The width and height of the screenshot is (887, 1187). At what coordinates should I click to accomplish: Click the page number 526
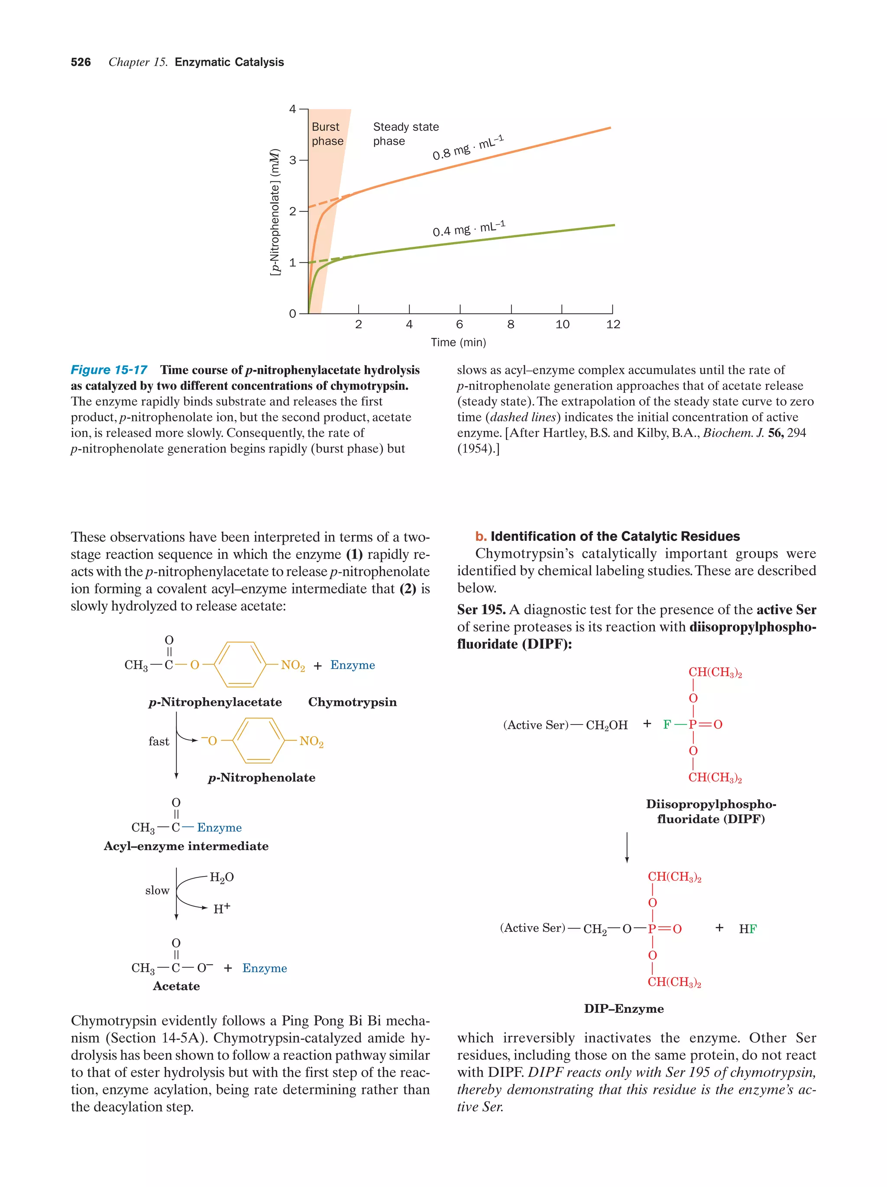pyautogui.click(x=81, y=62)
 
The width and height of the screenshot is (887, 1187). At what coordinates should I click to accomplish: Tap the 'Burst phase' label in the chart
pyautogui.click(x=327, y=134)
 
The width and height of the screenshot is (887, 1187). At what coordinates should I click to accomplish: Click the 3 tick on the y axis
pyautogui.click(x=292, y=160)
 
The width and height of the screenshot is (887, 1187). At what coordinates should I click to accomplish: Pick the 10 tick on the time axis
pyautogui.click(x=562, y=324)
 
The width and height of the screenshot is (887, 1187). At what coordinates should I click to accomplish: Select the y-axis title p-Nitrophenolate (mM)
pyautogui.click(x=275, y=211)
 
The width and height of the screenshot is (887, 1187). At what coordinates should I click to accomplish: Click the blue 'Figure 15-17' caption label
pyautogui.click(x=109, y=370)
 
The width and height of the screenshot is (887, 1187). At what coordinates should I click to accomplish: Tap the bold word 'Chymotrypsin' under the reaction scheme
pyautogui.click(x=352, y=702)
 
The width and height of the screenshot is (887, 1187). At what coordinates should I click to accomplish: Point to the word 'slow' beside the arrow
pyautogui.click(x=157, y=890)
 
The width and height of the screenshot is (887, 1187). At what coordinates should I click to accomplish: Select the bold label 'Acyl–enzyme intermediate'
pyautogui.click(x=186, y=846)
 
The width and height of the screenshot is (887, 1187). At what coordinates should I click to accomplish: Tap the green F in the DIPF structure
pyautogui.click(x=667, y=724)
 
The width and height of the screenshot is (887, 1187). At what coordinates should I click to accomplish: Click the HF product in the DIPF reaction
pyautogui.click(x=748, y=929)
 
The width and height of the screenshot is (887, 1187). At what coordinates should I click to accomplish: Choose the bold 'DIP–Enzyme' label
pyautogui.click(x=624, y=1008)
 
